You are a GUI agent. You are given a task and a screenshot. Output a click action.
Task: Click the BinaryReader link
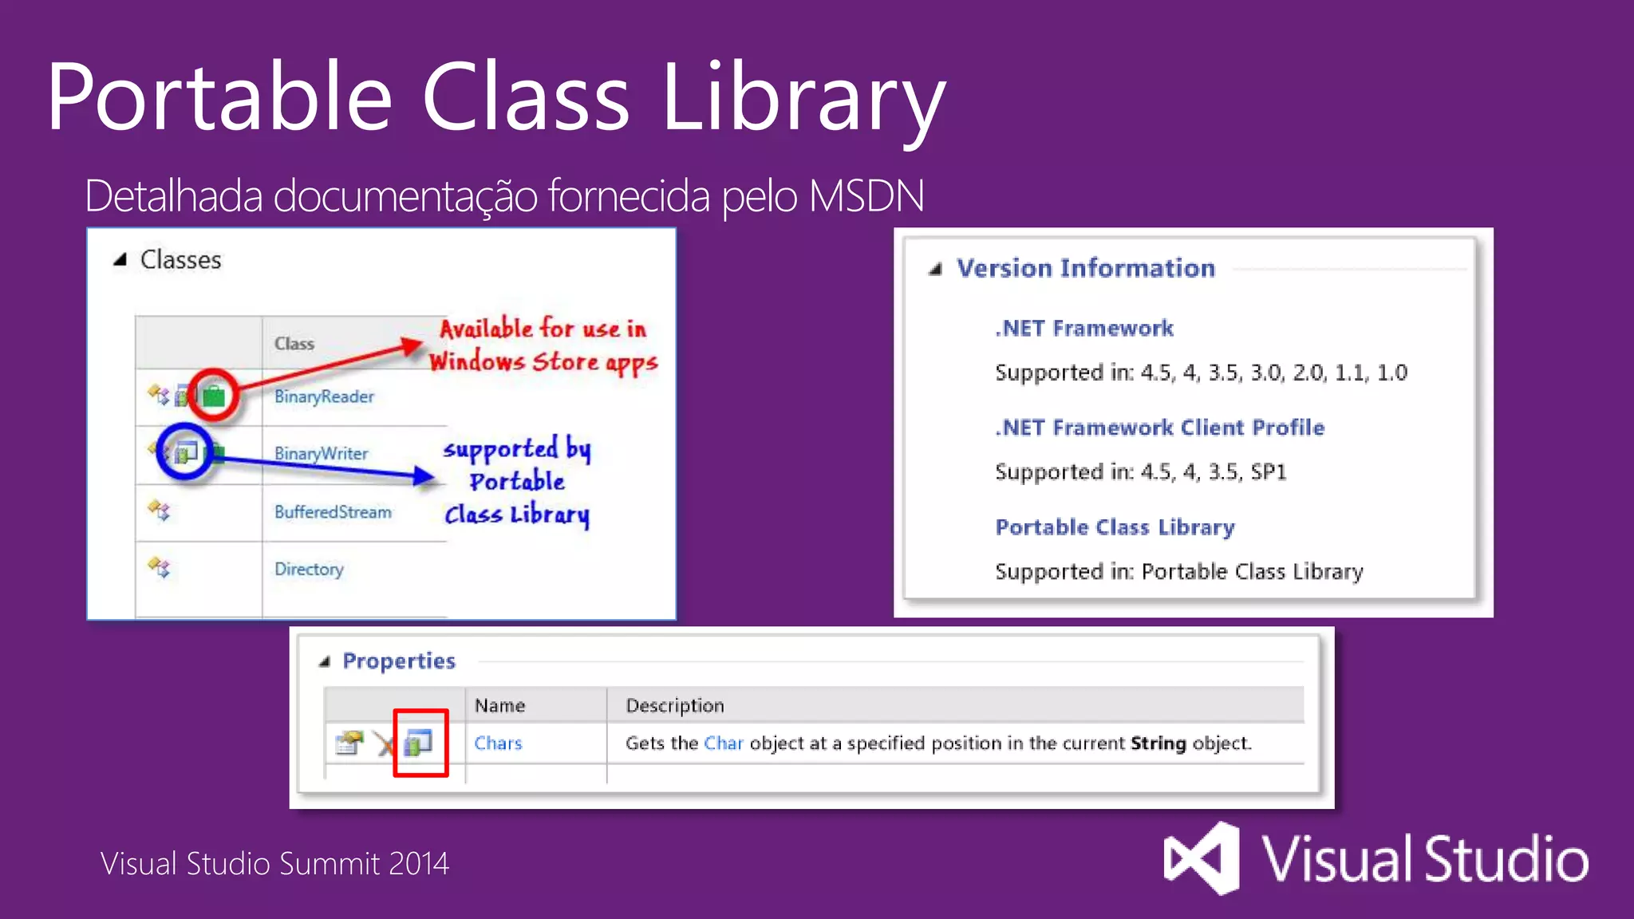click(323, 396)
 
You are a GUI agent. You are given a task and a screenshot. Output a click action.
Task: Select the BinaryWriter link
click(321, 453)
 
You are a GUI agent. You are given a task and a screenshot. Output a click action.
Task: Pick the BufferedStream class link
click(333, 512)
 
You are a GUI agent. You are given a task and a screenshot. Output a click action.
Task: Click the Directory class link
click(309, 569)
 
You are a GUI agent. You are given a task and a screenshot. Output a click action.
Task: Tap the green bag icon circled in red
click(214, 395)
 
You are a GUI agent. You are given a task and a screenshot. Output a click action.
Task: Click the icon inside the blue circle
click(185, 452)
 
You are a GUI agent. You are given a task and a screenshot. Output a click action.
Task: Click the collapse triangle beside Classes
click(120, 259)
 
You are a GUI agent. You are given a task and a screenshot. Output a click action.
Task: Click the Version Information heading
click(1085, 268)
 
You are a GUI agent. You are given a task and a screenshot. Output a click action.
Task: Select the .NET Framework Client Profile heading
click(1159, 428)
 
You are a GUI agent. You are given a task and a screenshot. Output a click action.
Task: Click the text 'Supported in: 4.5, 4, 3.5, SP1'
click(1140, 472)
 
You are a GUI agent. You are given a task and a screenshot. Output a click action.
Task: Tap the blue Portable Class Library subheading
click(1115, 527)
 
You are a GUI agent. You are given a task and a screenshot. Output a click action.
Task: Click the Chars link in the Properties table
click(498, 743)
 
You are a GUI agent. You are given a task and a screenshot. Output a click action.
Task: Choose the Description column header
click(674, 706)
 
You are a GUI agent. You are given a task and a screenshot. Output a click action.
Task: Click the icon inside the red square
click(419, 743)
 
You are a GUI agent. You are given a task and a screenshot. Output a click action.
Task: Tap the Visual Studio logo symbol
click(1202, 858)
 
